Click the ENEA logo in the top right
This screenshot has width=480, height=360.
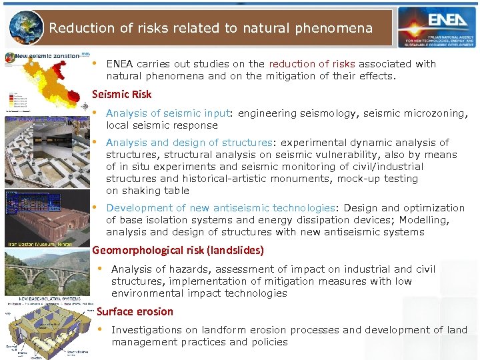437,27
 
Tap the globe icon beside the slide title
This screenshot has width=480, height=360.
27,27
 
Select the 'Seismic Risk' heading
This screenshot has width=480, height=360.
121,95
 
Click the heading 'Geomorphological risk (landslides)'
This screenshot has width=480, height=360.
178,251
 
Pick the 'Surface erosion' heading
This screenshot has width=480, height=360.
135,311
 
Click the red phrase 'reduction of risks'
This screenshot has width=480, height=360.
312,64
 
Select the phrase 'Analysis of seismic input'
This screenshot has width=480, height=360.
167,113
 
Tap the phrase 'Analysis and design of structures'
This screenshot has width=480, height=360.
189,143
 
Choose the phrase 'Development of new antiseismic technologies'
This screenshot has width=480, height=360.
220,208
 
